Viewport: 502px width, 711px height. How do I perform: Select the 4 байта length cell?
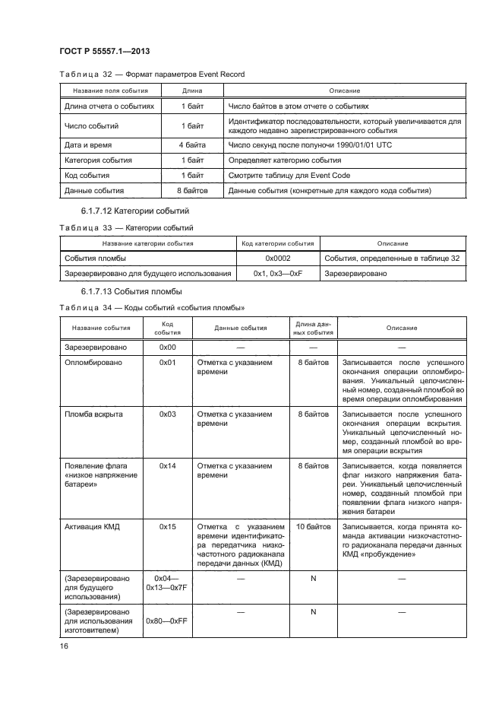pyautogui.click(x=191, y=144)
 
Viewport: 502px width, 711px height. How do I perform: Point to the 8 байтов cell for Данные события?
pyautogui.click(x=191, y=191)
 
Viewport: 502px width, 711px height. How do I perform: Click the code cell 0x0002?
pyautogui.click(x=277, y=259)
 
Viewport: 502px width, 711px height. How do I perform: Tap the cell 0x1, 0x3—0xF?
pyautogui.click(x=277, y=273)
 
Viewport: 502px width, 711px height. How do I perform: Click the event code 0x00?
pyautogui.click(x=168, y=347)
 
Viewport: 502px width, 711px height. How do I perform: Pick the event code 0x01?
pyautogui.click(x=168, y=363)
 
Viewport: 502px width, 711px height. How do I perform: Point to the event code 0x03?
pyautogui.click(x=168, y=414)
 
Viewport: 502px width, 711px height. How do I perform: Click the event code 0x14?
pyautogui.click(x=168, y=466)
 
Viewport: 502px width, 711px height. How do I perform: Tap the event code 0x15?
pyautogui.click(x=168, y=526)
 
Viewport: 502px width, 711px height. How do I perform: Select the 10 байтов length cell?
pyautogui.click(x=313, y=526)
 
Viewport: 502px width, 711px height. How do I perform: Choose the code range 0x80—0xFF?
pyautogui.click(x=168, y=621)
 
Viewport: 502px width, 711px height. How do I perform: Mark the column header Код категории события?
pyautogui.click(x=277, y=243)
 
